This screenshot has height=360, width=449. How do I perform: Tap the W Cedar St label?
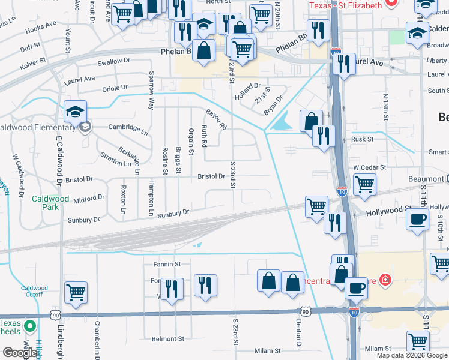(x=369, y=167)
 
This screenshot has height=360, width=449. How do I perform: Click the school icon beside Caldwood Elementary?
(x=76, y=112)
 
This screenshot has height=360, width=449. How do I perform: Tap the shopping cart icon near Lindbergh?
(x=76, y=293)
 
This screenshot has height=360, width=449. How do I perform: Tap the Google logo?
(x=19, y=353)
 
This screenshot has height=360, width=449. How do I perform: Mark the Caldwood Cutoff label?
(x=34, y=292)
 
